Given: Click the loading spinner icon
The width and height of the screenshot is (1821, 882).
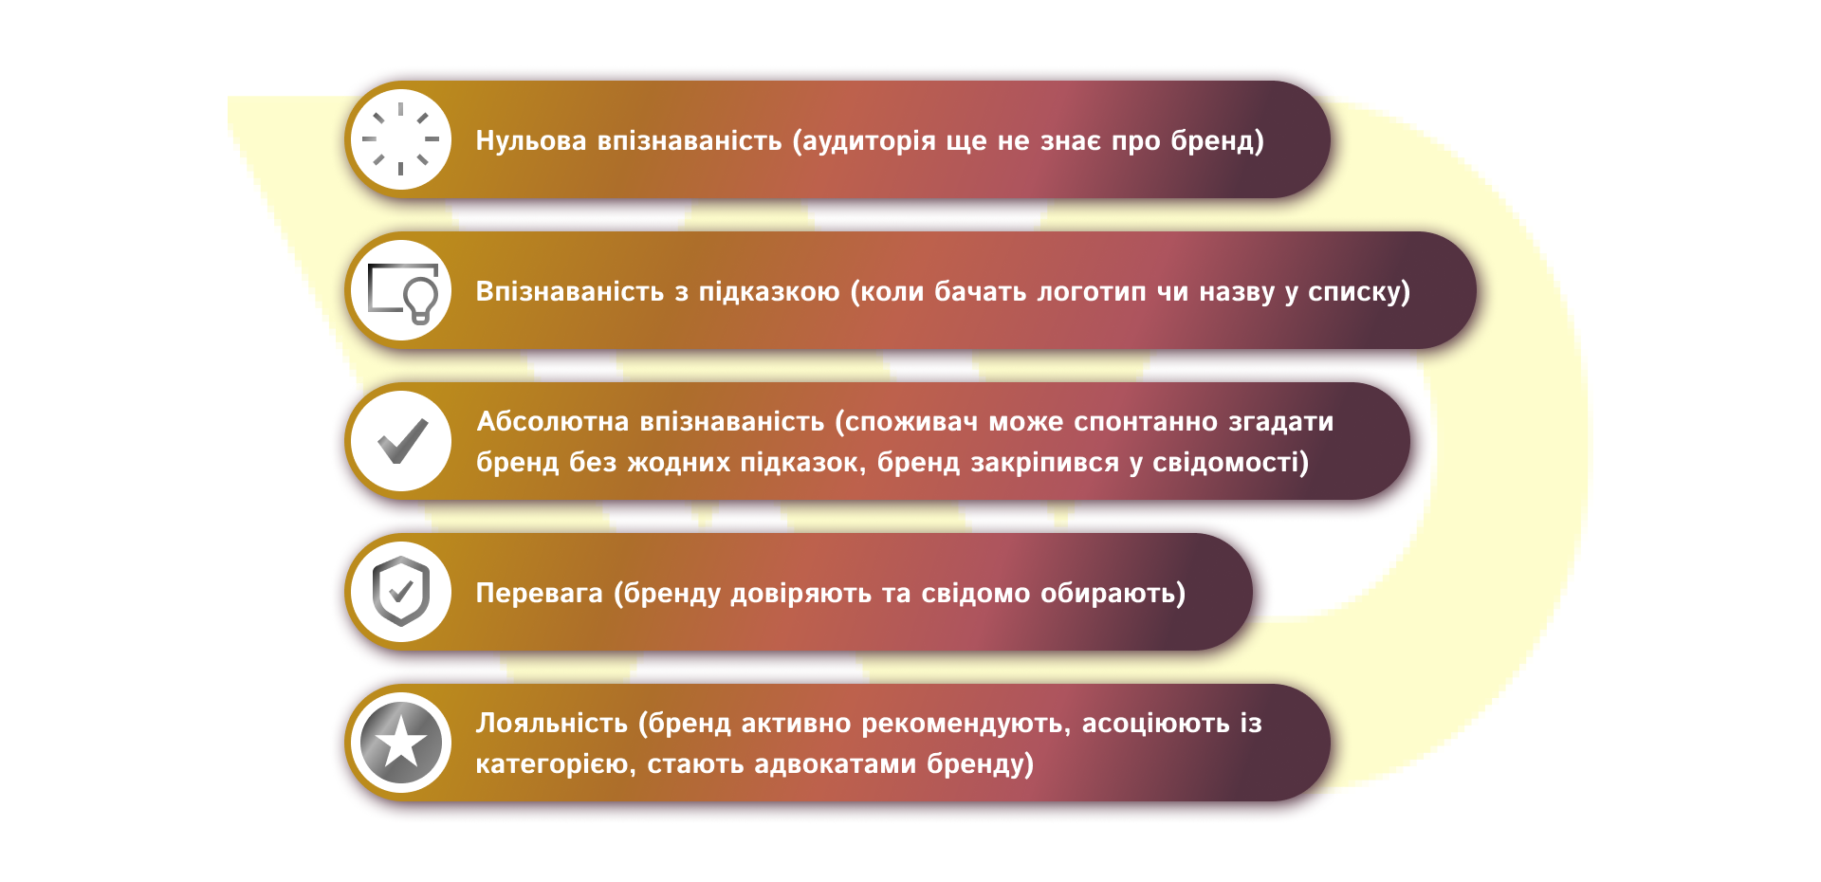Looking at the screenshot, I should pyautogui.click(x=401, y=139).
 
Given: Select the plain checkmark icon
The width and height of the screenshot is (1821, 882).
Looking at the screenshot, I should pyautogui.click(x=402, y=441).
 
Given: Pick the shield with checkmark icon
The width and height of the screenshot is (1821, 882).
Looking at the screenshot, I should pyautogui.click(x=401, y=592).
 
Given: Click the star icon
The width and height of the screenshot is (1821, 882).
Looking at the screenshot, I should pyautogui.click(x=401, y=742).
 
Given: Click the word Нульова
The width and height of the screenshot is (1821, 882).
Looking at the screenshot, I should pyautogui.click(x=531, y=140).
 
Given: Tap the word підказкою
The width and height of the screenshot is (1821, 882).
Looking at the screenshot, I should pyautogui.click(x=769, y=291).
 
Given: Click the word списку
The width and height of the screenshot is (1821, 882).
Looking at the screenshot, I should pyautogui.click(x=1358, y=291).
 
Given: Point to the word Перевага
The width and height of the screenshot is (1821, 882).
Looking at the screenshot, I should pyautogui.click(x=539, y=593).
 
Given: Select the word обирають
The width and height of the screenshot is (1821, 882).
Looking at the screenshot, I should pyautogui.click(x=1112, y=593).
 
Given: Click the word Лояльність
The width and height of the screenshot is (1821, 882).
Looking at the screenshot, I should pyautogui.click(x=552, y=723).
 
